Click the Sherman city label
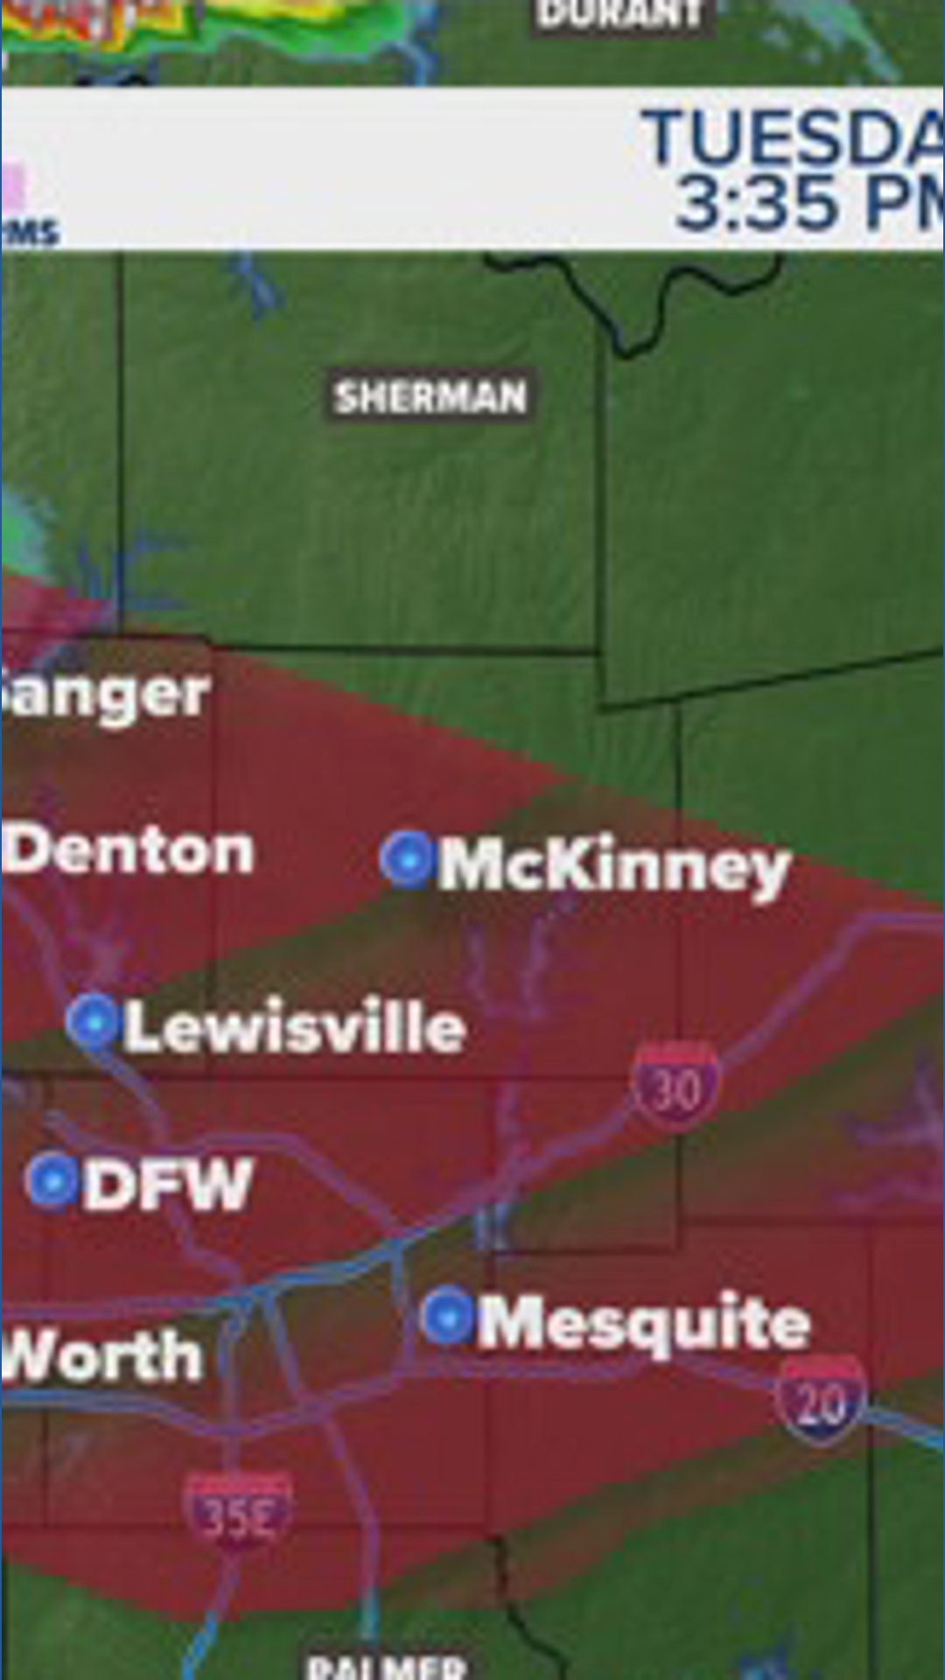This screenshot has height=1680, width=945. (x=430, y=398)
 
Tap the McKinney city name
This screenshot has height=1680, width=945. (x=614, y=866)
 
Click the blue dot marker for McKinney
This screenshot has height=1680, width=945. (x=407, y=859)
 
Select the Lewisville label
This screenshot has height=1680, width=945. (x=295, y=1027)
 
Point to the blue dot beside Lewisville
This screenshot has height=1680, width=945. (x=93, y=1022)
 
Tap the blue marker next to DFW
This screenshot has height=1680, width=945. (x=52, y=1180)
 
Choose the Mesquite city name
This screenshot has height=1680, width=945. (x=644, y=1323)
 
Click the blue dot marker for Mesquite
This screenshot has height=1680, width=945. (x=447, y=1316)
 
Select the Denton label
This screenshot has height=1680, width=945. (x=129, y=850)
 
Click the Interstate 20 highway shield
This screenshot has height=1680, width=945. (x=820, y=1399)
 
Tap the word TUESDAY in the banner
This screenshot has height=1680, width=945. (x=793, y=138)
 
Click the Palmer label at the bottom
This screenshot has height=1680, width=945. (x=386, y=1665)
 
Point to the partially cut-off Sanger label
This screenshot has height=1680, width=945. (x=105, y=696)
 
